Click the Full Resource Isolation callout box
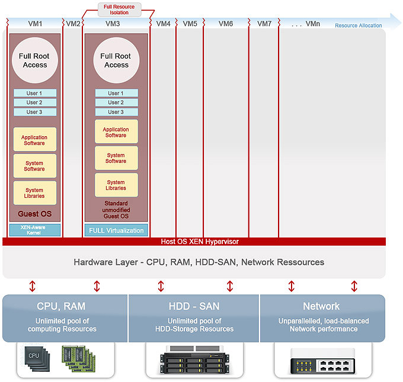(x=120, y=9)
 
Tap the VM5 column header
(x=190, y=24)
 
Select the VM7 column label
(x=264, y=24)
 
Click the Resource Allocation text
(x=359, y=25)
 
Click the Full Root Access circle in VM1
(x=35, y=60)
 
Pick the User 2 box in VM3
(x=116, y=102)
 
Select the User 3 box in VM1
(x=35, y=112)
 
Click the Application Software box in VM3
(x=116, y=131)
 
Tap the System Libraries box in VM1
(x=35, y=193)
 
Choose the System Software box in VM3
(x=116, y=158)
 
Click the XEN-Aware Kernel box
(x=35, y=230)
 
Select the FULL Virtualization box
(x=116, y=230)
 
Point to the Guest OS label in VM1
(x=35, y=214)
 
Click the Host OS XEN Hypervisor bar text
(x=200, y=242)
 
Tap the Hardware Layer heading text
(x=199, y=262)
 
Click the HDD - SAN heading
(x=194, y=306)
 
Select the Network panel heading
(x=321, y=306)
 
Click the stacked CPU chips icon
(x=37, y=359)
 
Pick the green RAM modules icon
(x=79, y=359)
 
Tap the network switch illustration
(x=323, y=361)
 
